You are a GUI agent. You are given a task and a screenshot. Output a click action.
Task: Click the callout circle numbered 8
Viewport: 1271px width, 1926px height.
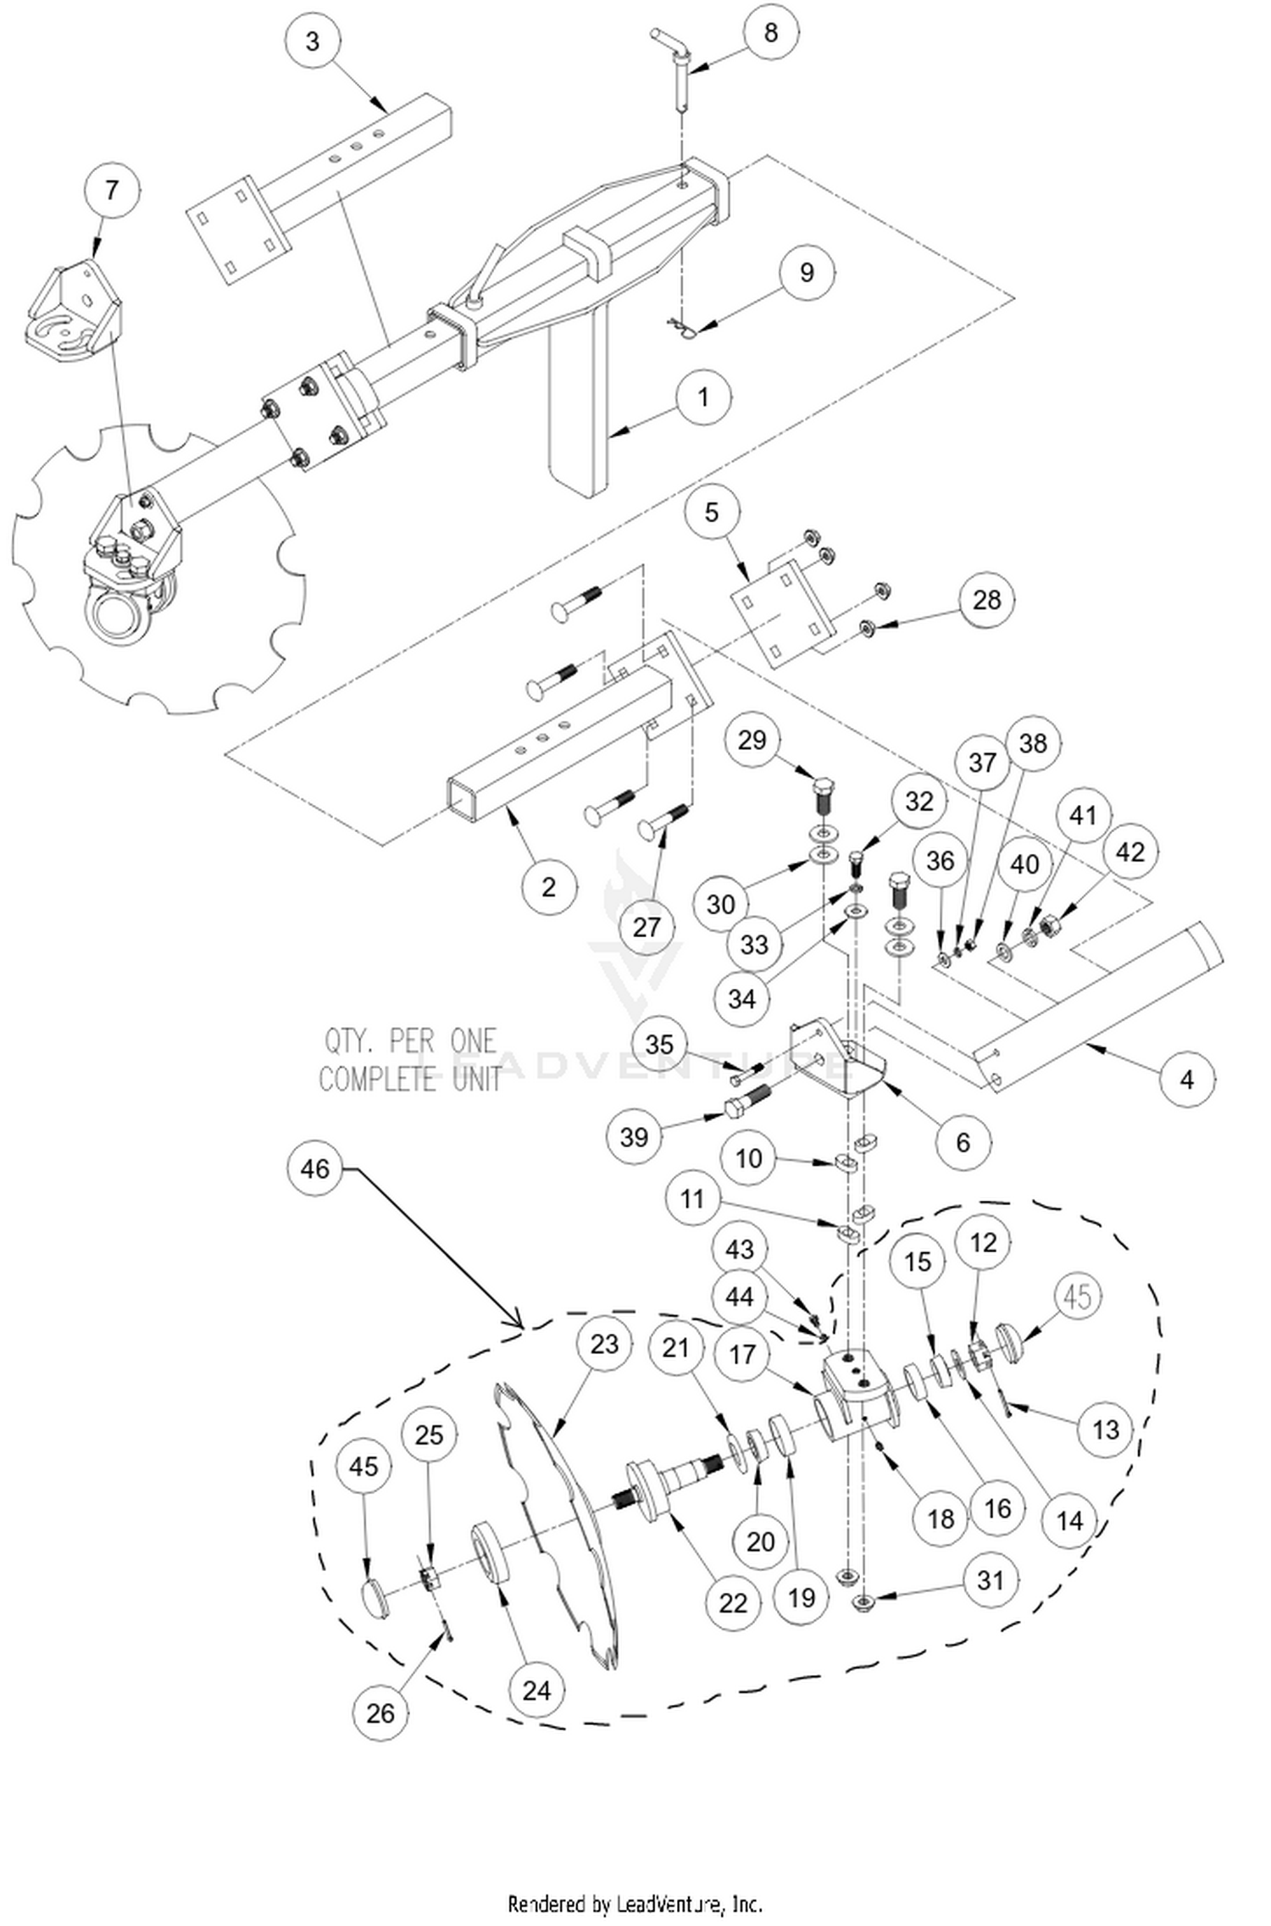pos(769,33)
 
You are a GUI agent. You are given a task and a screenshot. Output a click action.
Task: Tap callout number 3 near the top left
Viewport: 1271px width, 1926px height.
pos(313,41)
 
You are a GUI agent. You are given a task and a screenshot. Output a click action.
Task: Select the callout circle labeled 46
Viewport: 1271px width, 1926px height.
pos(314,1169)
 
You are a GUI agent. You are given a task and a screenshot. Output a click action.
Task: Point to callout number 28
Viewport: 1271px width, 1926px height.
pos(986,600)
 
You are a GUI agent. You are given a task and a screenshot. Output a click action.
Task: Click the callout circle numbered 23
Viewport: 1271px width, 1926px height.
pos(604,1344)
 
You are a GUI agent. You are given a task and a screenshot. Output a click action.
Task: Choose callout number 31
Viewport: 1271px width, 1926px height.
pos(991,1580)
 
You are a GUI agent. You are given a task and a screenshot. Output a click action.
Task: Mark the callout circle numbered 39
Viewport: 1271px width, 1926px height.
pos(634,1136)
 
